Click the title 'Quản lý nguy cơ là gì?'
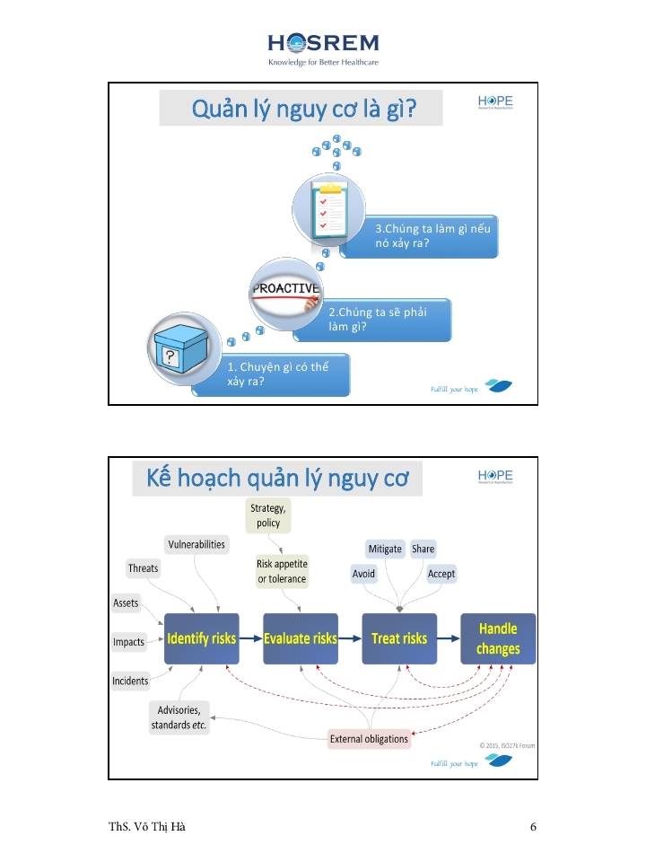click(304, 109)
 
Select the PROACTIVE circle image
click(284, 294)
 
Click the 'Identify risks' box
click(202, 638)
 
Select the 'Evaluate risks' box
click(301, 638)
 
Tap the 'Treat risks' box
click(399, 638)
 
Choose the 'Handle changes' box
click(498, 638)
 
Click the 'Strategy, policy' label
click(268, 516)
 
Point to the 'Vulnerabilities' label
click(196, 544)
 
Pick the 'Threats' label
click(143, 567)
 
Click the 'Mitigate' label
click(385, 549)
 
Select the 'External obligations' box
click(369, 740)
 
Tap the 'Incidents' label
click(130, 681)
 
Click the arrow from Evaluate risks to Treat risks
click(350, 638)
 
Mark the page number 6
click(533, 827)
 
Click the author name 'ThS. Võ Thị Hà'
click(147, 827)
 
